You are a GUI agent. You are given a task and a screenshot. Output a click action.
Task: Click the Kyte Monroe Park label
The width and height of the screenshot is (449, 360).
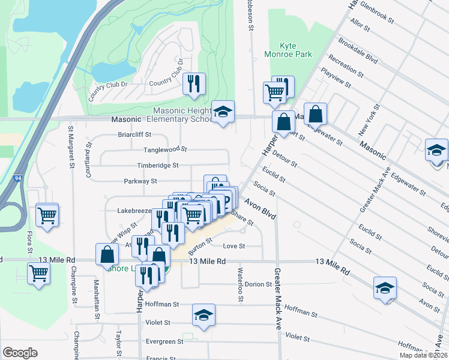pos(289,50)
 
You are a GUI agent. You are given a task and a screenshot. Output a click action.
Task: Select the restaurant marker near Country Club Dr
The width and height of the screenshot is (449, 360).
pos(194,84)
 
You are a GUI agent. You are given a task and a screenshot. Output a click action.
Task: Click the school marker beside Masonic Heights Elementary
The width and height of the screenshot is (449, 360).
pos(223,112)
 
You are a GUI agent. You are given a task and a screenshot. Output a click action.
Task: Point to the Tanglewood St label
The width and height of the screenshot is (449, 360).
pos(165,149)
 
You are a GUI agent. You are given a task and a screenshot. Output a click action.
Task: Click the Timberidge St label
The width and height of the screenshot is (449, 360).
pos(158,165)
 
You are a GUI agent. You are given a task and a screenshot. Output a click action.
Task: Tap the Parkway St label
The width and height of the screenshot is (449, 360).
pos(140,181)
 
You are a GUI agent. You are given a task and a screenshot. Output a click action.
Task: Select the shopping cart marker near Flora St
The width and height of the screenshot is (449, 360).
pos(47,214)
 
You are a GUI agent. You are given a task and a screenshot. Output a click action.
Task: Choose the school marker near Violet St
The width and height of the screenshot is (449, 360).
pos(203,315)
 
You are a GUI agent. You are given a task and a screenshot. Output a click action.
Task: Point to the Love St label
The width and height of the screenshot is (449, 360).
pos(234,246)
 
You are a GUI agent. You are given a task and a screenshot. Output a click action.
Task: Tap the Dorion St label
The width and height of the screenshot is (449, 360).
pos(258,284)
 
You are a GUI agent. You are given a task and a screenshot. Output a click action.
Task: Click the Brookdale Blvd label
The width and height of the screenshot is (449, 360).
pos(358,52)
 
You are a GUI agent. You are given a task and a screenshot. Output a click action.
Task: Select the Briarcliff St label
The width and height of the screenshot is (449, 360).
pos(134,135)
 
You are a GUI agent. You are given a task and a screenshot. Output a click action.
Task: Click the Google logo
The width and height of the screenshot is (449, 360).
pos(20,353)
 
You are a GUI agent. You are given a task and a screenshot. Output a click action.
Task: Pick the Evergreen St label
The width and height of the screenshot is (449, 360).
pos(164,341)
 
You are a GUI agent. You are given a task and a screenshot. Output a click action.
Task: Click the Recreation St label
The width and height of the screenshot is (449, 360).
pos(345,66)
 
